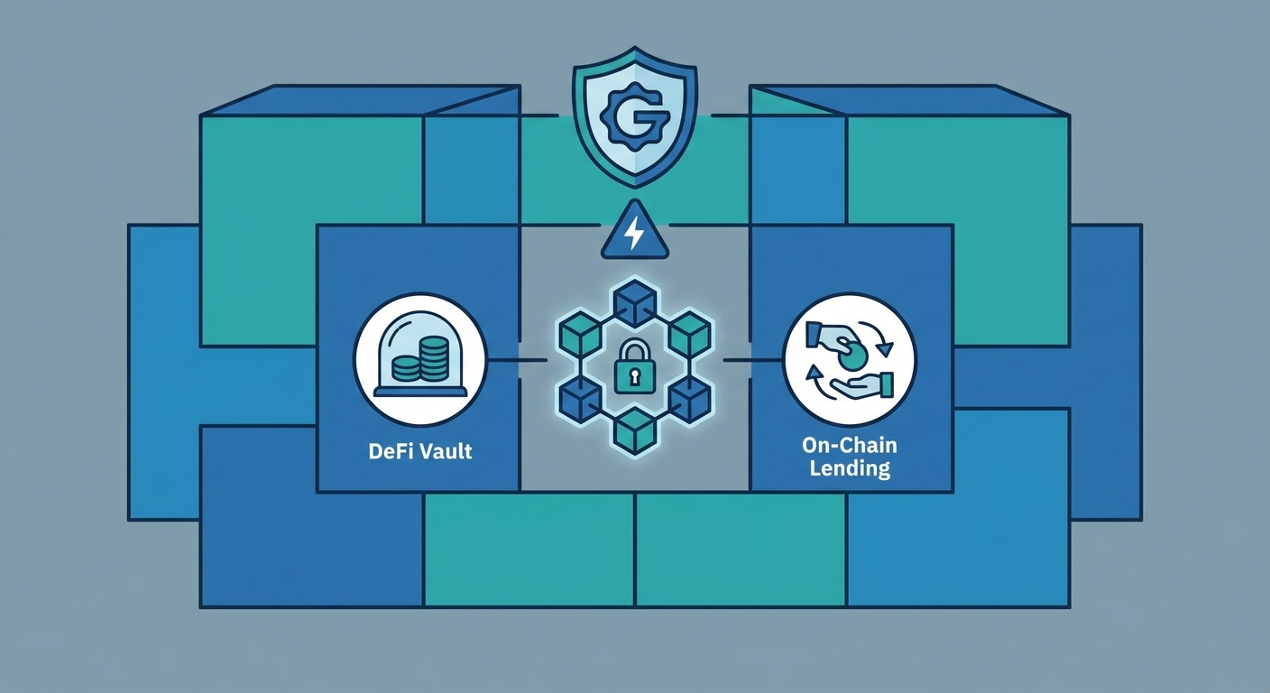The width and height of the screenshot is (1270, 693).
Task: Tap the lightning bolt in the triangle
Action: click(633, 233)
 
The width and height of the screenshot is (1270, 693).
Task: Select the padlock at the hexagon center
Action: click(634, 365)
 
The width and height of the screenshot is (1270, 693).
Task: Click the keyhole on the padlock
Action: click(634, 376)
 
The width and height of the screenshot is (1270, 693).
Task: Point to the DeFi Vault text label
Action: click(420, 451)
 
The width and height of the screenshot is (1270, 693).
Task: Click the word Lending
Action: click(850, 469)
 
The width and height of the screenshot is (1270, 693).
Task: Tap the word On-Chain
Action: click(850, 445)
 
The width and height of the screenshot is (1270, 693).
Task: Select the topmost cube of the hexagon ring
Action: click(635, 302)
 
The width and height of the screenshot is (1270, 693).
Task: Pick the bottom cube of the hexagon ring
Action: click(635, 431)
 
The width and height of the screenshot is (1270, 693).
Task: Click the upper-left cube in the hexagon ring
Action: click(579, 334)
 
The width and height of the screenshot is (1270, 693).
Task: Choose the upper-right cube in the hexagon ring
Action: click(690, 334)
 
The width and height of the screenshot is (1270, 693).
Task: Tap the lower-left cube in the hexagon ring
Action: click(579, 399)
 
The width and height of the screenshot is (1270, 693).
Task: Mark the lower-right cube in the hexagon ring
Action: click(690, 399)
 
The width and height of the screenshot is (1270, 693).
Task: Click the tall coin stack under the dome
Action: click(433, 358)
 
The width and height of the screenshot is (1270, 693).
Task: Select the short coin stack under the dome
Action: click(405, 368)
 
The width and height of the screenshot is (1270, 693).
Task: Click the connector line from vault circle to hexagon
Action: click(517, 360)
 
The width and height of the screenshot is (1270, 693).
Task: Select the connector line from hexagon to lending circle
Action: click(753, 360)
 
